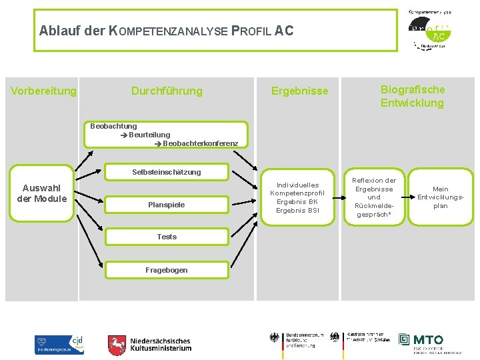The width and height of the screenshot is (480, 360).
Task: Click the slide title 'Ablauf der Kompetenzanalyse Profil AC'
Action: tap(166, 31)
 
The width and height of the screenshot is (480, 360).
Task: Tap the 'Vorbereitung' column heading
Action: tap(44, 91)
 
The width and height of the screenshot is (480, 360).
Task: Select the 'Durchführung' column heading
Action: tap(167, 91)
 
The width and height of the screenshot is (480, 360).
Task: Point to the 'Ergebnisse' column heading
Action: tap(299, 91)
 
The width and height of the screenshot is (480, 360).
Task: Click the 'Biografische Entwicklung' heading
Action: tap(412, 96)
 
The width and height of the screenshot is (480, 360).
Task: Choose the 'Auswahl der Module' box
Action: tap(42, 193)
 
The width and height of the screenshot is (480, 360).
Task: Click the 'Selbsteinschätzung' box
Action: tap(167, 172)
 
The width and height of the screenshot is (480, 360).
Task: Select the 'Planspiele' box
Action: tap(167, 205)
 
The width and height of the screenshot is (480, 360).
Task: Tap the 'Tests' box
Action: tap(167, 237)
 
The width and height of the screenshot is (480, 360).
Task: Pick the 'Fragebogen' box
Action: tap(167, 270)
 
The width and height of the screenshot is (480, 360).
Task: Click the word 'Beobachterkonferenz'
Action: tap(200, 143)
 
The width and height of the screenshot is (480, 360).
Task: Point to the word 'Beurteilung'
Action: tap(149, 135)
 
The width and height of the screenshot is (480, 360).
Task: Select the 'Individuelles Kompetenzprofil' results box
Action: tap(297, 197)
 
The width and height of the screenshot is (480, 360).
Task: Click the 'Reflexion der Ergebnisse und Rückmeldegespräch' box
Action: tap(374, 197)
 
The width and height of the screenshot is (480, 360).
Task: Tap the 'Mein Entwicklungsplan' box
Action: tap(440, 197)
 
